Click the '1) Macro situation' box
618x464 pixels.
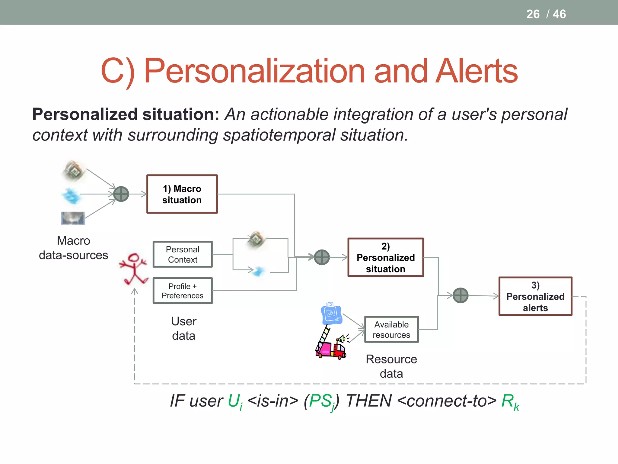182,194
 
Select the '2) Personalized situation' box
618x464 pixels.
385,257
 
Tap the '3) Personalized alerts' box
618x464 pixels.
535,296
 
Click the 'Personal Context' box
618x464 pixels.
183,254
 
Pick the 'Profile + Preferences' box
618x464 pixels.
183,291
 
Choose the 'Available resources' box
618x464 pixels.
391,329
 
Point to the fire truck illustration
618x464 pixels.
330,344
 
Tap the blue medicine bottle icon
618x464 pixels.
331,314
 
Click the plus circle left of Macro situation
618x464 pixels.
121,194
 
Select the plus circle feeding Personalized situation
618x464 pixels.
322,257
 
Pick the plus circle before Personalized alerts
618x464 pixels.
460,295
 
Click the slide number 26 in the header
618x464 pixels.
533,14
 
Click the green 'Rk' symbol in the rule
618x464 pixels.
510,402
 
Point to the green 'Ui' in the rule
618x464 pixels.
235,402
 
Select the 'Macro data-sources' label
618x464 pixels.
73,248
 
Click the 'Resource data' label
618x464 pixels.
391,366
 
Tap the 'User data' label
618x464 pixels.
183,328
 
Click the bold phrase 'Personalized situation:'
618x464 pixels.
126,114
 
